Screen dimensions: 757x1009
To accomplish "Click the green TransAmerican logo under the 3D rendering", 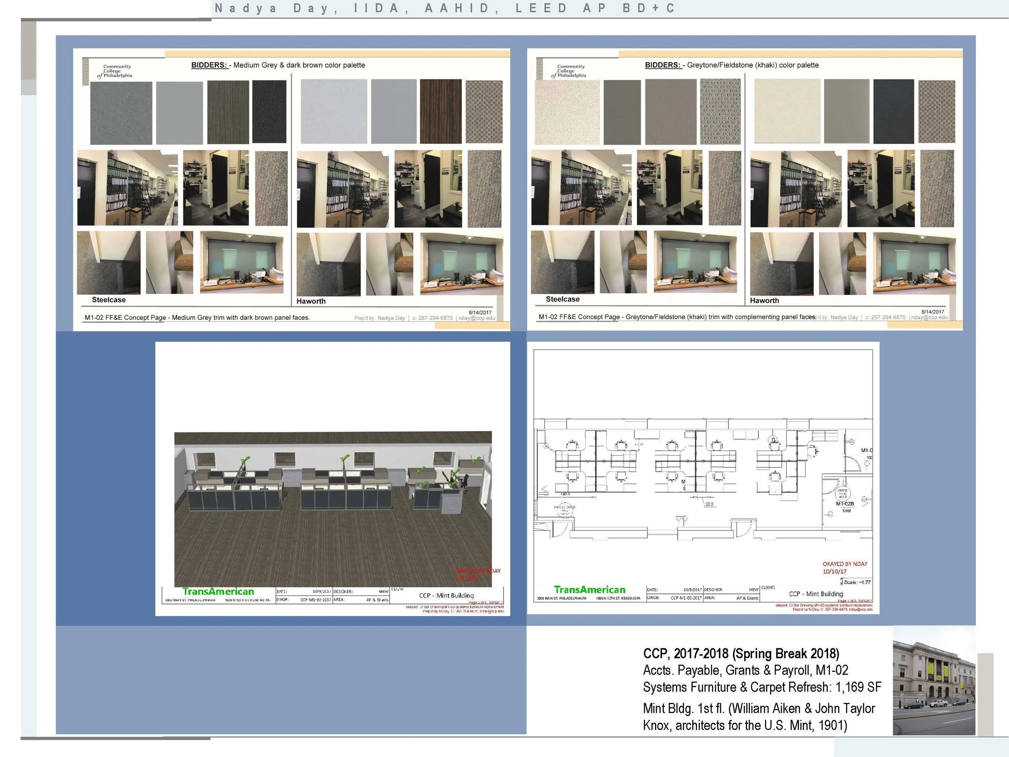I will (x=218, y=591).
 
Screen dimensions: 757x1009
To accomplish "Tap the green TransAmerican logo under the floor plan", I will (x=589, y=589).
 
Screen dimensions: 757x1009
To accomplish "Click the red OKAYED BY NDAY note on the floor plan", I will (x=845, y=564).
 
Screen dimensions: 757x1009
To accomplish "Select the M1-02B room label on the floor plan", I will (x=845, y=504).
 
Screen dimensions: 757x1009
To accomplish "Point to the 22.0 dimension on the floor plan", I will (x=709, y=504).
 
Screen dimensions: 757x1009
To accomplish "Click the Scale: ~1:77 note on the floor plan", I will (x=857, y=582).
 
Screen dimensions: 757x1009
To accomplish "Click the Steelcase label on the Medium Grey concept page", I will (x=109, y=300).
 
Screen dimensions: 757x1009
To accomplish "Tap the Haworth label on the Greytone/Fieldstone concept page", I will (x=764, y=301).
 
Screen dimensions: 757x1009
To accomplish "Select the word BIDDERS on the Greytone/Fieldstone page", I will (x=662, y=65).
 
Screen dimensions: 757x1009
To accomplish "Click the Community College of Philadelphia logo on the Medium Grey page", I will (x=115, y=71).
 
